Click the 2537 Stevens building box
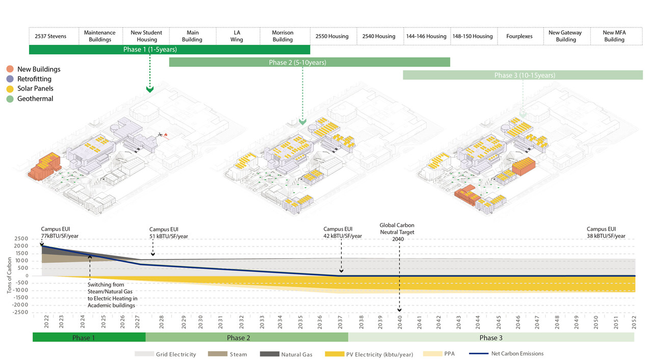coord(50,36)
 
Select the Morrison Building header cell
coord(283,36)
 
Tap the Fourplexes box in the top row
coord(519,36)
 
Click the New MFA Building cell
coord(614,36)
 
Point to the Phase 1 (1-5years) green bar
coord(169,50)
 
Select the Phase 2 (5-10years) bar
coord(309,63)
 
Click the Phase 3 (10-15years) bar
coord(523,75)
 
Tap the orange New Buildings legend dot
coord(10,69)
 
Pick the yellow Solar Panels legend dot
coord(10,89)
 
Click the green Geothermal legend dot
coord(10,99)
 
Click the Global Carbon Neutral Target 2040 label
coord(397,232)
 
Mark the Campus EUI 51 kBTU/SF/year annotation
coord(169,233)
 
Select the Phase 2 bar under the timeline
coord(246,338)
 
